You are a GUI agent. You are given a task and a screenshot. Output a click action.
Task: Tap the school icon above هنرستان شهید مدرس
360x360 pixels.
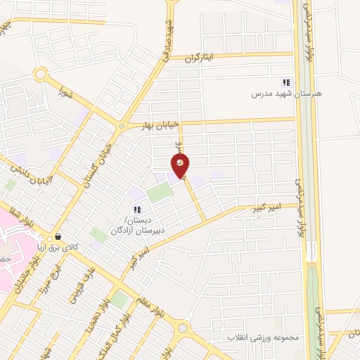(x=286, y=82)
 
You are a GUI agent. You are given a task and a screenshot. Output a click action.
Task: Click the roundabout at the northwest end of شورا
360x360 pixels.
(x=40, y=75)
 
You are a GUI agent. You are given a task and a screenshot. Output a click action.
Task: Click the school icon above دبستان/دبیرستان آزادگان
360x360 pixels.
(x=138, y=209)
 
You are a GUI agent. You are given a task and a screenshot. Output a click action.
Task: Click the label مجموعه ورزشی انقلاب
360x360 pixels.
(x=262, y=338)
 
